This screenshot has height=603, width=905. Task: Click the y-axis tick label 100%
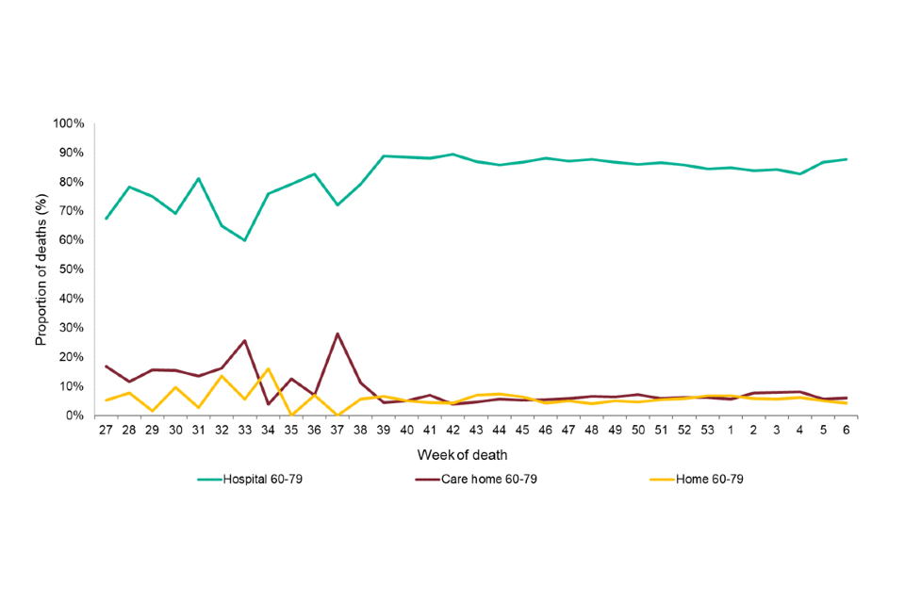click(70, 123)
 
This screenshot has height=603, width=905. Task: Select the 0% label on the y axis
click(76, 416)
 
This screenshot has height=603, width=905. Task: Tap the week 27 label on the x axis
click(106, 431)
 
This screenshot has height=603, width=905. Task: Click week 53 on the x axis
click(707, 431)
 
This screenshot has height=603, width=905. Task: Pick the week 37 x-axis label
click(337, 431)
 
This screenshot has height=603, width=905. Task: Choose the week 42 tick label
click(453, 431)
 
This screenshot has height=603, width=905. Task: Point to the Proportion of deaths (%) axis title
click(41, 269)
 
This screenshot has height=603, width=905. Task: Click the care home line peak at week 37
click(337, 334)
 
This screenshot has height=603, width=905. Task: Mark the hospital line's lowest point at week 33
click(245, 240)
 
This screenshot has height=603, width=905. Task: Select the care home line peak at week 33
click(245, 341)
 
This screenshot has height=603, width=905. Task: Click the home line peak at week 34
click(268, 368)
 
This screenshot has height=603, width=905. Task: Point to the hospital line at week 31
click(199, 179)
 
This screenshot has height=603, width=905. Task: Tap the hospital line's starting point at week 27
click(106, 219)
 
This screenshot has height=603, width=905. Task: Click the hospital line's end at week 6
click(846, 159)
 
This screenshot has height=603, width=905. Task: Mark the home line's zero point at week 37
click(337, 416)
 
